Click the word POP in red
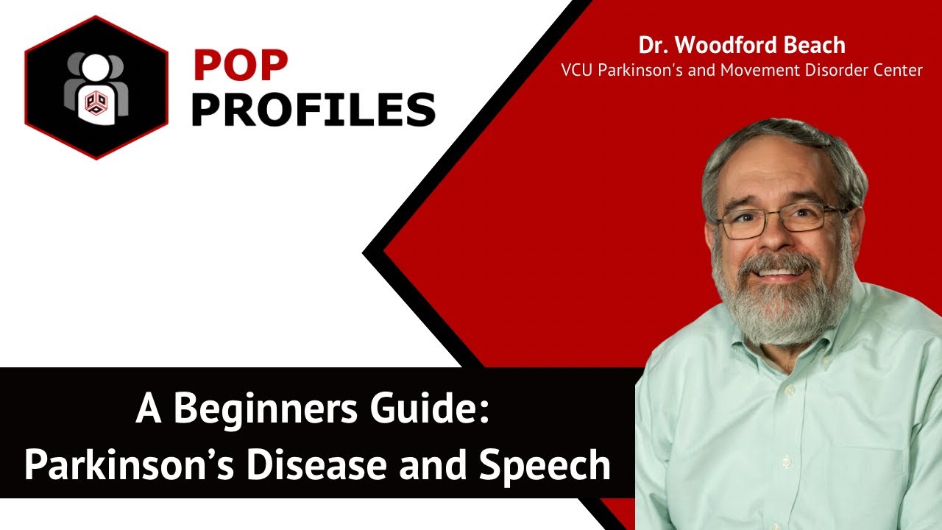click(x=240, y=66)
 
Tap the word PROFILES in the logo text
click(x=314, y=109)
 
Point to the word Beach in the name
click(x=815, y=46)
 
